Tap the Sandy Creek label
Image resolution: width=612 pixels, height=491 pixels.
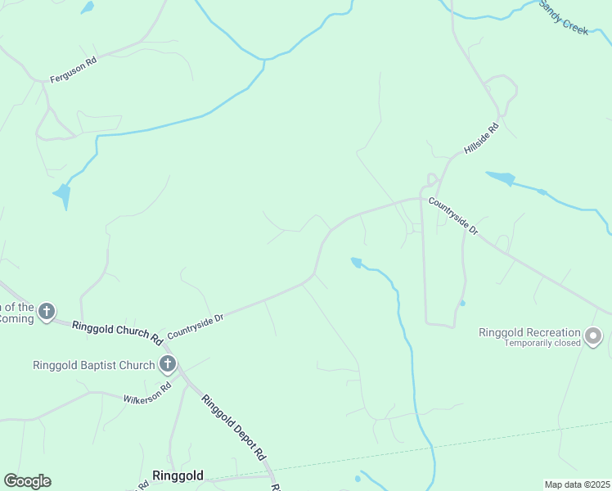563,16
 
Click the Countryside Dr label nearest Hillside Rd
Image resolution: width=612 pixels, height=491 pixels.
452,217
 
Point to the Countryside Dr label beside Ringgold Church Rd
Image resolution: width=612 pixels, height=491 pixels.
195,326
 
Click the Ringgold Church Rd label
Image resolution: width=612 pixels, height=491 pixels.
117,330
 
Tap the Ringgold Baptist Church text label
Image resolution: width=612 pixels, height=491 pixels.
93,365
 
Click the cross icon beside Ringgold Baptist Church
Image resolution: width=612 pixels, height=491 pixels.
168,363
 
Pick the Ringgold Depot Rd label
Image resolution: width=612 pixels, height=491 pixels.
234,427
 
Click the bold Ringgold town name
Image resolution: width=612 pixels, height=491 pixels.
178,475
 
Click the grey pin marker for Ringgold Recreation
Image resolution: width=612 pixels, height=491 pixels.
594,336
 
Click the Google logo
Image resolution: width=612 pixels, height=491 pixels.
27,481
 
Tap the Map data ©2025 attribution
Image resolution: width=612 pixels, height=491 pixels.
578,484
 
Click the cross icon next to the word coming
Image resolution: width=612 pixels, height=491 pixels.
47,311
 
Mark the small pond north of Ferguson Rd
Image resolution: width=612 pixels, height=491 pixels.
87,7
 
